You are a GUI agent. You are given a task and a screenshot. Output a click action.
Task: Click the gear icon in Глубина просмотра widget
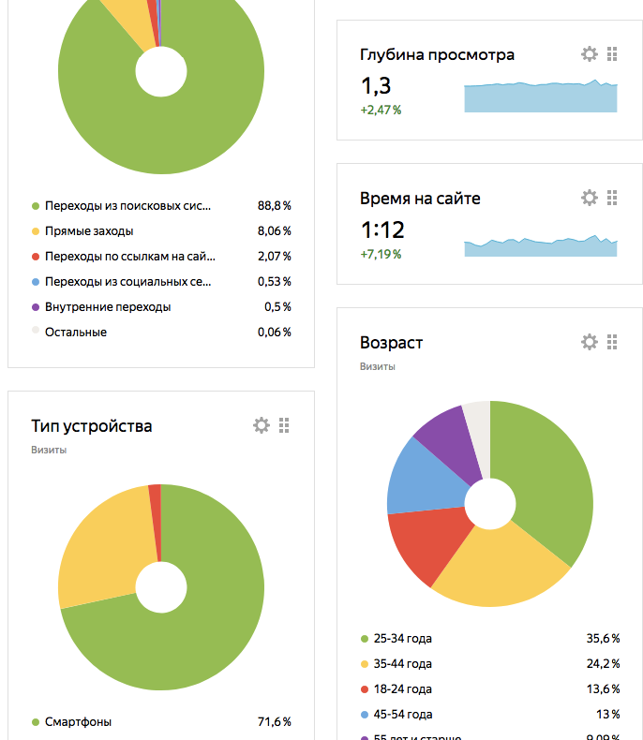point(589,54)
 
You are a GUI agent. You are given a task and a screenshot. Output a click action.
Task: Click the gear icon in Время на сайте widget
point(589,198)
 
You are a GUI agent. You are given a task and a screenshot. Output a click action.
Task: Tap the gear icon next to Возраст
point(589,342)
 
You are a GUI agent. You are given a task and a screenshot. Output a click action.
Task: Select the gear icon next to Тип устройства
point(261,425)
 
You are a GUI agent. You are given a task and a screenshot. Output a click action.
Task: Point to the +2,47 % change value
point(381,111)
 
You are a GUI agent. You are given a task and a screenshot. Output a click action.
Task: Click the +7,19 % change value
point(381,254)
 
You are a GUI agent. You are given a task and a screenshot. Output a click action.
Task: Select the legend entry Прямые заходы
point(88,230)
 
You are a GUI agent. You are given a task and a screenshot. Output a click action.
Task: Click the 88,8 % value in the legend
point(274,205)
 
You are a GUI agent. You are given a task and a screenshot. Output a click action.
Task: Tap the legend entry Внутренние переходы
point(108,306)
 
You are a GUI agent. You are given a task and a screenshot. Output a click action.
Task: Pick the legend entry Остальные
point(76,332)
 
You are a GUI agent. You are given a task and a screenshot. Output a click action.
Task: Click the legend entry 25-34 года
point(402,639)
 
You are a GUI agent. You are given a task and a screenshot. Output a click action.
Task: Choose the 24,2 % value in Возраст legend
point(603,664)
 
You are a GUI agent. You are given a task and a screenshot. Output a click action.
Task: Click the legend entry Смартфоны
point(78,722)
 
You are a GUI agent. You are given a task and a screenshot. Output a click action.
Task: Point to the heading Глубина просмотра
point(437,54)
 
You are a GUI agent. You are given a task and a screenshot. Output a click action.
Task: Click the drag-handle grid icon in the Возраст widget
point(612,342)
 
